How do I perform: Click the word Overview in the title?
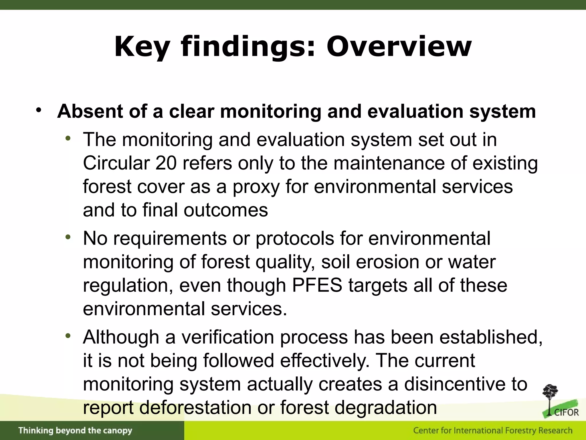tap(399, 46)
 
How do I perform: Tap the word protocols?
tap(295, 238)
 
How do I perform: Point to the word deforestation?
tap(195, 408)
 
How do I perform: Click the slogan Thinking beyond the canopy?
tap(75, 431)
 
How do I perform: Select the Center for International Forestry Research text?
tap(493, 431)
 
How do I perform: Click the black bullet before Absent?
tap(39, 110)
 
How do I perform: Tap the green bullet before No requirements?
tap(68, 237)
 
